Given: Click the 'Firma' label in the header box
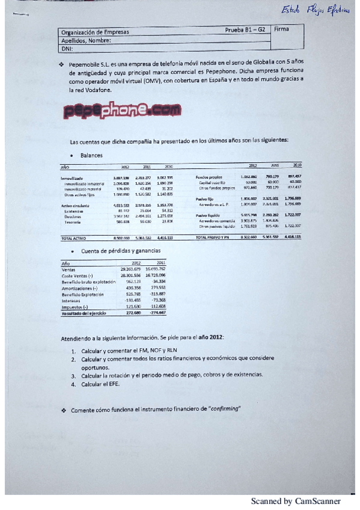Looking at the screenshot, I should (x=280, y=28).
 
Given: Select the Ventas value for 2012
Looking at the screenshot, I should (x=130, y=269).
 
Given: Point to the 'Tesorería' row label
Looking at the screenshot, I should (x=74, y=223).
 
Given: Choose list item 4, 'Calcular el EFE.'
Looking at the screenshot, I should (x=102, y=384).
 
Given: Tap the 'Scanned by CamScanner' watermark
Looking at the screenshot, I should (x=296, y=501).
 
